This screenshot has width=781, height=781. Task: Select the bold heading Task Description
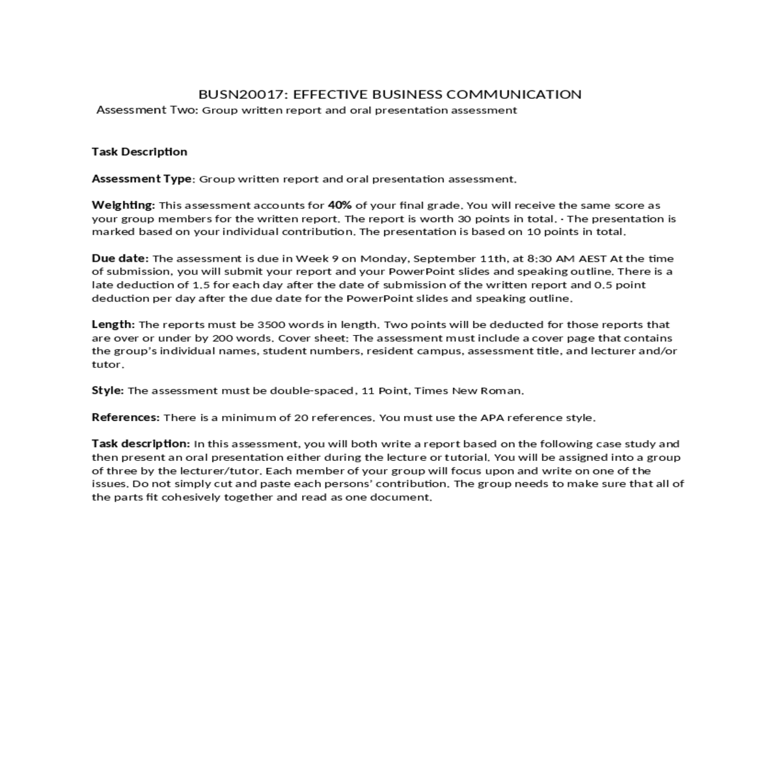point(139,152)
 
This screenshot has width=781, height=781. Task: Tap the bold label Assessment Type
point(142,179)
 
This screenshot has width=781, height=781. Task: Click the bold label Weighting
point(123,205)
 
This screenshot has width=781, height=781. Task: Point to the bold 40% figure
point(340,205)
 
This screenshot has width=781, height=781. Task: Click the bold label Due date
point(120,258)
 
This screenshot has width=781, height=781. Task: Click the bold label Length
point(113,324)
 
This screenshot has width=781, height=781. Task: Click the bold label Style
point(107,390)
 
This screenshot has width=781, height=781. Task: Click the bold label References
point(125,417)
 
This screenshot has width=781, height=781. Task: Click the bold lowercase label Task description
point(141,444)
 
